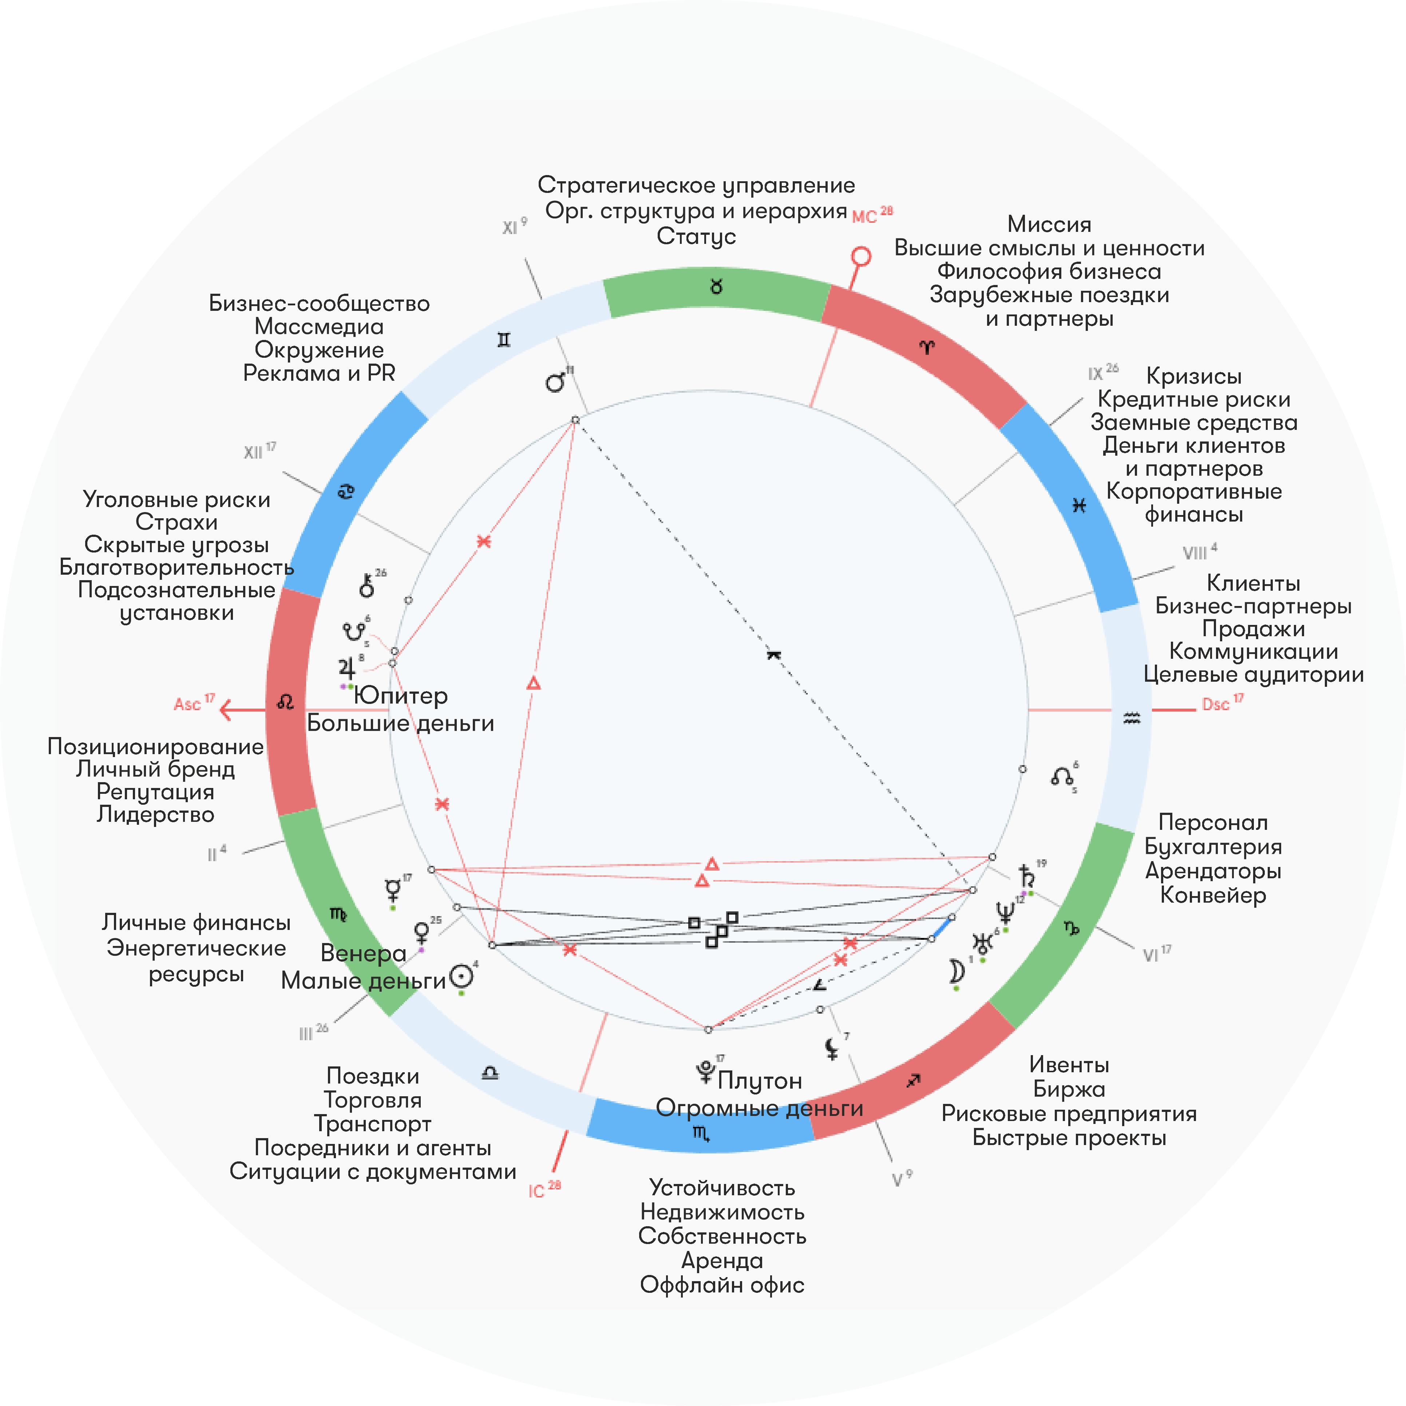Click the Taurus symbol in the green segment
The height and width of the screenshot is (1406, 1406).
(716, 287)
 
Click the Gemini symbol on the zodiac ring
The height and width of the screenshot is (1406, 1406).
(504, 340)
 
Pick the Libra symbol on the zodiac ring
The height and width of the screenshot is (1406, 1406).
(490, 1073)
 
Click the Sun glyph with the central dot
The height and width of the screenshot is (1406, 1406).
(461, 976)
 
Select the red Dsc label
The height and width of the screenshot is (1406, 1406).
(1215, 704)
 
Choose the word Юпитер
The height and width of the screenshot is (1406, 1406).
(401, 696)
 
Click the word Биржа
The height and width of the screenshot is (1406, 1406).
(1068, 1089)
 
